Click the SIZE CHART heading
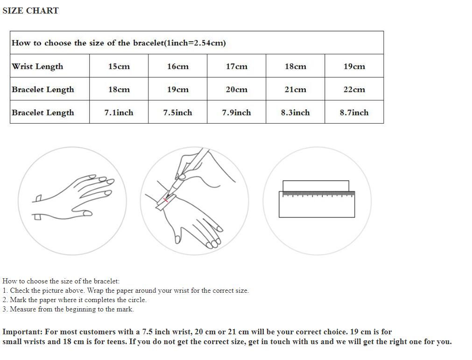(30, 11)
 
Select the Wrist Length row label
(37, 66)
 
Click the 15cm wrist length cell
(119, 66)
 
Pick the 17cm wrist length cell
(237, 66)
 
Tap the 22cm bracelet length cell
(354, 89)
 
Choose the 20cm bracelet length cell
(237, 89)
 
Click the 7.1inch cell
(119, 113)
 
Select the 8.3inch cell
(296, 113)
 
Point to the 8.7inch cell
(354, 113)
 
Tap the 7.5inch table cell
(177, 113)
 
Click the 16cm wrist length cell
(178, 66)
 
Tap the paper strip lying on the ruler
(316, 186)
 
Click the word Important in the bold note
(22, 332)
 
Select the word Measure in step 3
(23, 309)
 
